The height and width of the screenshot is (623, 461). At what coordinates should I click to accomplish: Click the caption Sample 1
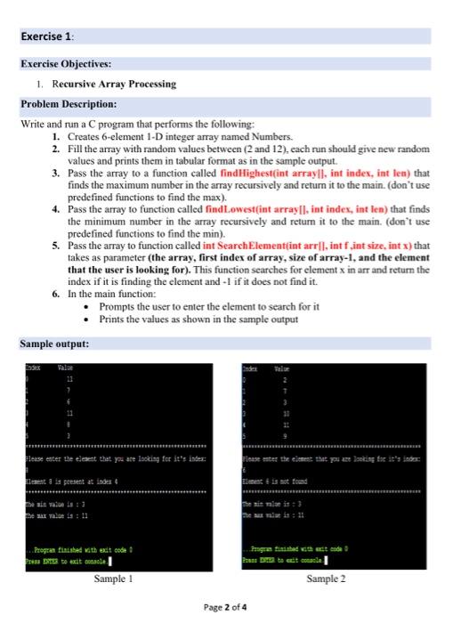pyautogui.click(x=112, y=553)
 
